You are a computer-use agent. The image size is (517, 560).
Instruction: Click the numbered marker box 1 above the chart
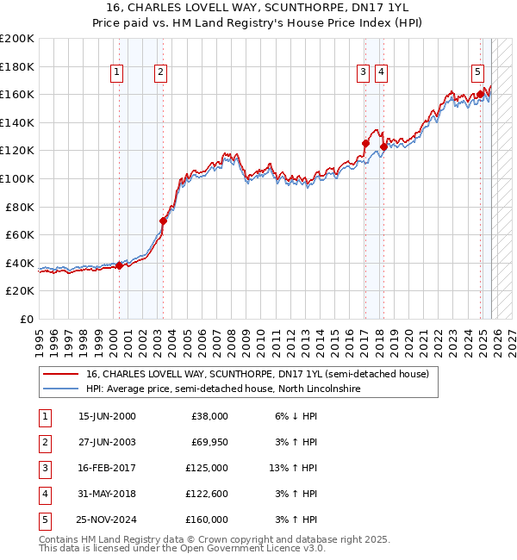click(x=116, y=72)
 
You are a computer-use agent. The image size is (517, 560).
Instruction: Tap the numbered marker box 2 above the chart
click(x=161, y=72)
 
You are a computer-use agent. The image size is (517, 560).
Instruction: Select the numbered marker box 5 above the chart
click(x=477, y=72)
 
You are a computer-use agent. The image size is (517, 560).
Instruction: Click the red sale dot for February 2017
click(x=365, y=144)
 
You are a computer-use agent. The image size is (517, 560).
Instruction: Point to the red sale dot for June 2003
click(x=164, y=221)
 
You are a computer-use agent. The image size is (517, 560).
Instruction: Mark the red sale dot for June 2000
click(x=119, y=265)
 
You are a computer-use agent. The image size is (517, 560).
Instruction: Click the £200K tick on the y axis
click(x=17, y=39)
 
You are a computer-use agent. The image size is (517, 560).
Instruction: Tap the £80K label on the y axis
click(x=20, y=207)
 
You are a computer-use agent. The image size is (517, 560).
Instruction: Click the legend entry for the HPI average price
click(x=223, y=389)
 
